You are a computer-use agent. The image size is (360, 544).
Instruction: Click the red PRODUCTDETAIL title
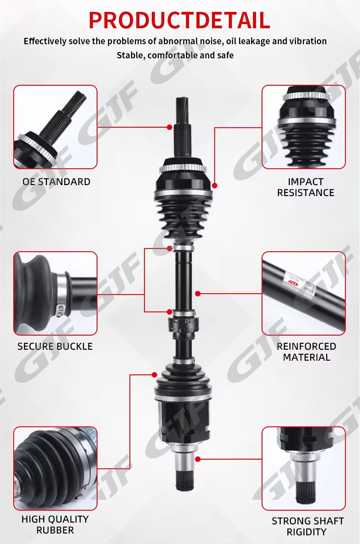pos(179,20)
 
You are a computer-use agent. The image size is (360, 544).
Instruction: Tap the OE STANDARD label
pos(56,182)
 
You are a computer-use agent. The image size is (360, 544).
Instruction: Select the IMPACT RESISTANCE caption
pos(306,187)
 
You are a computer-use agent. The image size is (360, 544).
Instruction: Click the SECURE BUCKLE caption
pos(55,346)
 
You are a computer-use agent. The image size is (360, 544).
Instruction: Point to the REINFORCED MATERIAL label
pos(306,352)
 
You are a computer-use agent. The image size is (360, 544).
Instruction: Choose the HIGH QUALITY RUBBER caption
pos(55,524)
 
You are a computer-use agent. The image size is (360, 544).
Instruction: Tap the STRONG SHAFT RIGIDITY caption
pos(308,526)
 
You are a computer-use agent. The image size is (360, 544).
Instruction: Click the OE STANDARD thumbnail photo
pos(55,127)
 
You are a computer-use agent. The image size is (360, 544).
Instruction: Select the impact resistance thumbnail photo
pos(303,127)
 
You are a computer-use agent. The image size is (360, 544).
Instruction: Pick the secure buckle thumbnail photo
pos(55,294)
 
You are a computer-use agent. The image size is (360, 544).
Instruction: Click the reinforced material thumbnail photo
pos(303,294)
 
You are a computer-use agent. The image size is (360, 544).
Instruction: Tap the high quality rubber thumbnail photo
pos(55,468)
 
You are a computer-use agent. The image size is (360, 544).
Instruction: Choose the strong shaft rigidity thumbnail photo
pos(303,468)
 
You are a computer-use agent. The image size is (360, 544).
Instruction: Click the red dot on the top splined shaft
pos(170,127)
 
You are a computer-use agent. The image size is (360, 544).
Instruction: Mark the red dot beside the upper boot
pos(215,186)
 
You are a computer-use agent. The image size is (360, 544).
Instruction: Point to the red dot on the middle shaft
pos(198,294)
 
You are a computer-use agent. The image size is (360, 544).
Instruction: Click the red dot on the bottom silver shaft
pos(198,459)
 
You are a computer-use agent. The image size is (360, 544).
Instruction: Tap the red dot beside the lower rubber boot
pos(154,375)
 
